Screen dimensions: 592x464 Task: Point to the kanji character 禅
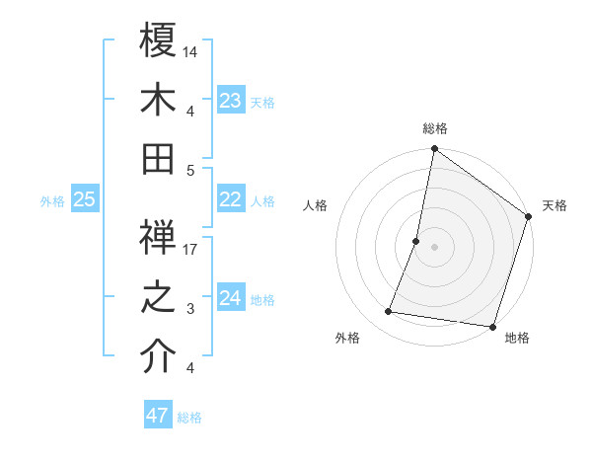[159, 239]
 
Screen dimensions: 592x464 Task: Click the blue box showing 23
[231, 100]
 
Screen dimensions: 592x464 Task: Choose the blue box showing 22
[231, 199]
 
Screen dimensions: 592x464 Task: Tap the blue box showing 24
[231, 298]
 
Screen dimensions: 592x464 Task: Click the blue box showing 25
[85, 199]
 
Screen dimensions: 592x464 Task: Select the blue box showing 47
[158, 416]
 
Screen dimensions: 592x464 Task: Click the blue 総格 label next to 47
[189, 418]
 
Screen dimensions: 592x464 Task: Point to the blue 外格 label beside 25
[52, 201]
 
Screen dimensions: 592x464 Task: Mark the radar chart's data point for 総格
[434, 150]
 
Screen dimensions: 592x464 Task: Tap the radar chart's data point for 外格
[389, 312]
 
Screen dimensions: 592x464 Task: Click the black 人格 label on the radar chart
[316, 205]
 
